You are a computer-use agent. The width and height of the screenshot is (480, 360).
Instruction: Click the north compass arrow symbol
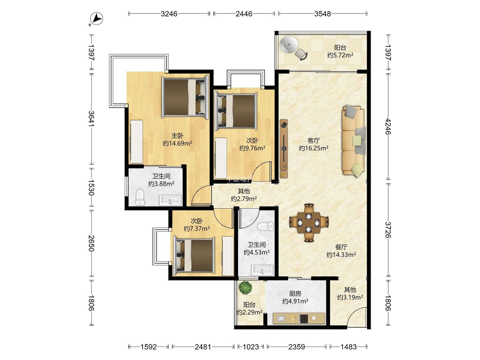pos(97,19)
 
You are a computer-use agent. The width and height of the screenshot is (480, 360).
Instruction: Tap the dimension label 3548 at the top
pos(323,13)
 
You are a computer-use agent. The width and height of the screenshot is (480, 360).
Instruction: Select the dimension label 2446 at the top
pos(244,13)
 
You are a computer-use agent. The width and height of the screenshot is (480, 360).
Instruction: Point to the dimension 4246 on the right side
pos(388,126)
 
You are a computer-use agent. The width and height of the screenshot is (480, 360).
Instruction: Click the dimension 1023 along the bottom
pos(251,347)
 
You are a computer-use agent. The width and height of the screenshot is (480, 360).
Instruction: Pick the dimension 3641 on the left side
pos(91,119)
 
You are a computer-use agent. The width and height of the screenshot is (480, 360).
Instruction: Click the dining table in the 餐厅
pos(309,223)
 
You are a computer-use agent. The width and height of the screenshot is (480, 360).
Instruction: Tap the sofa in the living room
pos(354,141)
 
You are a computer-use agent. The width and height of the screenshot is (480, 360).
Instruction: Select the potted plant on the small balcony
pos(245,288)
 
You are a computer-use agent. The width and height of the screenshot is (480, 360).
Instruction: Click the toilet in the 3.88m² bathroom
pos(140,197)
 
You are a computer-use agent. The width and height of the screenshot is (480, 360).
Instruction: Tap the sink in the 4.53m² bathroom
pos(262,270)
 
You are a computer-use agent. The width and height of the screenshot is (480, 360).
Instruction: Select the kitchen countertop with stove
pos(299,318)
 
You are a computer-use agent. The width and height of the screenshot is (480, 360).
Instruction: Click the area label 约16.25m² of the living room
pos(314,148)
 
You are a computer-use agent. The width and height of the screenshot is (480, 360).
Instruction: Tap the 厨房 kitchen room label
pos(295,294)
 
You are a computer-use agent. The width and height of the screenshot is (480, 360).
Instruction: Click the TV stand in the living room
pos(284,149)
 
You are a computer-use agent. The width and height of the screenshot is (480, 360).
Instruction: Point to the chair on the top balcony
pos(301,55)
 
